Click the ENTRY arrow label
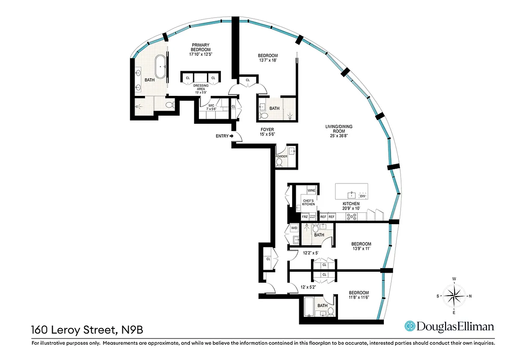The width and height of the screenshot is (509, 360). tap(225, 135)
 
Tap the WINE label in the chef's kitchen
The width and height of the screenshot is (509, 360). tap(311, 191)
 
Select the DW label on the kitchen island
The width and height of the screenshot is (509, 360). tap(362, 196)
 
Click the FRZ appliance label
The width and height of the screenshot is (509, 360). tap(305, 217)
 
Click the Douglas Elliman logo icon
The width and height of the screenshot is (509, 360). tap(410, 326)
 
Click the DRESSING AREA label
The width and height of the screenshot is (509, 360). tap(201, 87)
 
